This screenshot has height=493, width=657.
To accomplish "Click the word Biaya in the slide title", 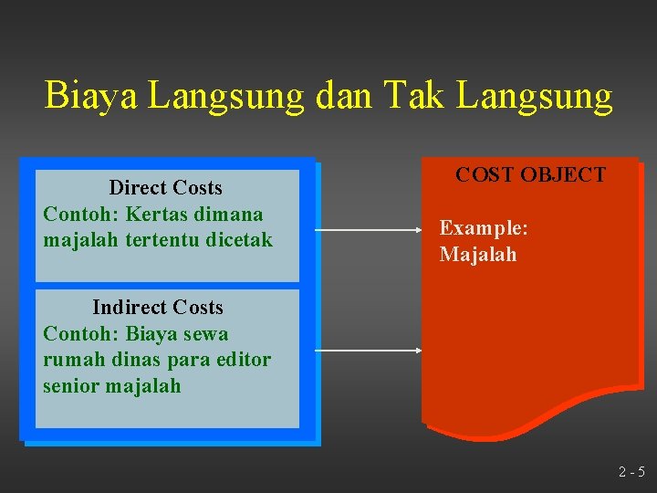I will point(89,96).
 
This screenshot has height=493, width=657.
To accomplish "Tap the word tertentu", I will point(150,240).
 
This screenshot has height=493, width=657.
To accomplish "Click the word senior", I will point(71,386).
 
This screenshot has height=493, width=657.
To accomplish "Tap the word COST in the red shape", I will point(485,175).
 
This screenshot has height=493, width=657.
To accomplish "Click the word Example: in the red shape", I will point(484,228).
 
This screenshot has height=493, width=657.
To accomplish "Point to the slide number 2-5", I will point(631,472).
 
